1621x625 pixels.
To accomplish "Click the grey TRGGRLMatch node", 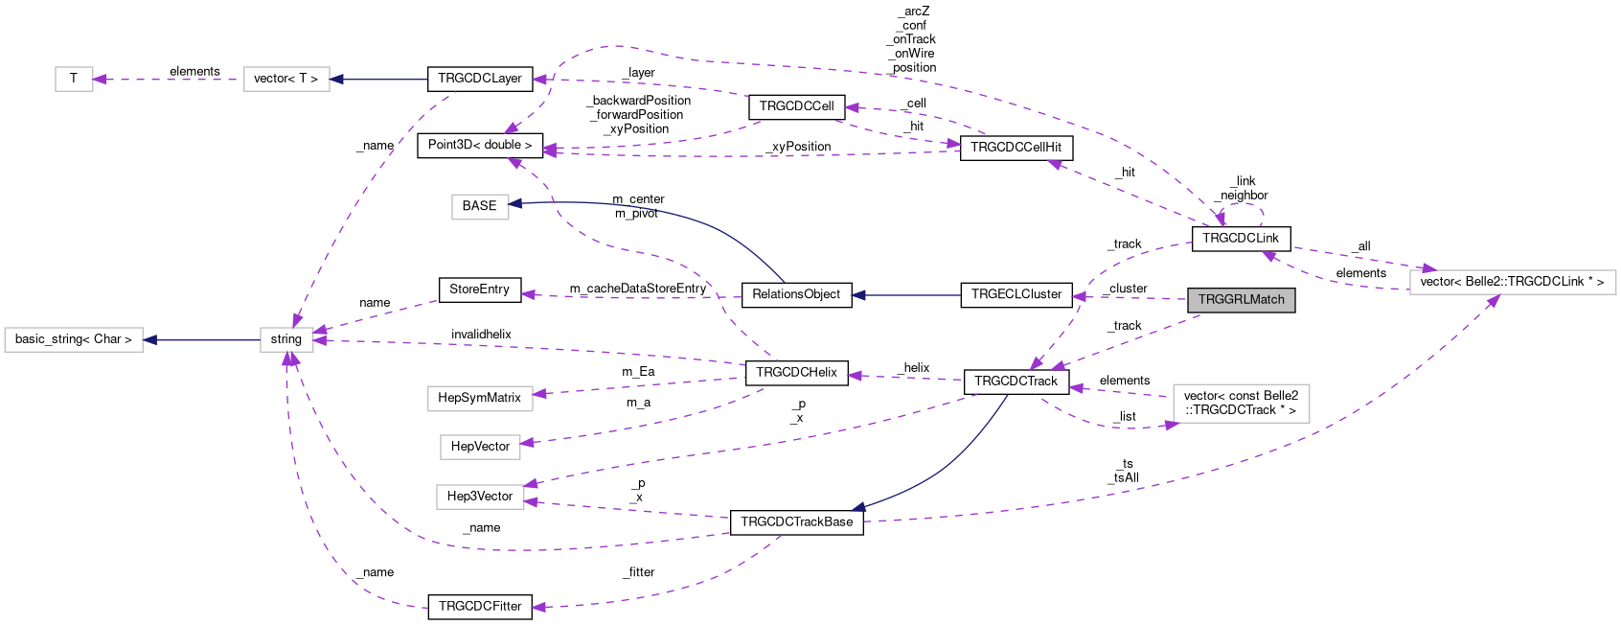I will pyautogui.click(x=1241, y=300).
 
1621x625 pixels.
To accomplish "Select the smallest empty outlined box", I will pyautogui.click(x=74, y=79).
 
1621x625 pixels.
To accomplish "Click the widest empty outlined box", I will pyautogui.click(x=1513, y=282).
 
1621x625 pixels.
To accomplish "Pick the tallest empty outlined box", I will pyautogui.click(x=1241, y=404).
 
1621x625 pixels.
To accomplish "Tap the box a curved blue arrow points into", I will pyautogui.click(x=480, y=207).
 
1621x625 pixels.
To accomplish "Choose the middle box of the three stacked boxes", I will pyautogui.click(x=480, y=447).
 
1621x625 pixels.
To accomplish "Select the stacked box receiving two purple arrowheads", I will pyautogui.click(x=480, y=497).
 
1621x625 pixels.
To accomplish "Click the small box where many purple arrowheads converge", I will pyautogui.click(x=286, y=339).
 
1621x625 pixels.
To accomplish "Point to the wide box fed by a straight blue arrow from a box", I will pyautogui.click(x=74, y=339).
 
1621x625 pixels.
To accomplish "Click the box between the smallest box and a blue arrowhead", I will pyautogui.click(x=286, y=79).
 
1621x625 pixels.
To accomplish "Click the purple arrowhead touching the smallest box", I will pyautogui.click(x=100, y=80).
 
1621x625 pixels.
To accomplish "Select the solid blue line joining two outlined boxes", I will pyautogui.click(x=201, y=339).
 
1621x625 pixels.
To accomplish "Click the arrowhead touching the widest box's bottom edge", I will pyautogui.click(x=1493, y=301).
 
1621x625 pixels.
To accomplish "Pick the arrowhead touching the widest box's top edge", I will pyautogui.click(x=1428, y=268).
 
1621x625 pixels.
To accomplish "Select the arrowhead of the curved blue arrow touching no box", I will pyautogui.click(x=858, y=508).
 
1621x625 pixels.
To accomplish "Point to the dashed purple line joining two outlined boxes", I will pyautogui.click(x=168, y=80).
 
